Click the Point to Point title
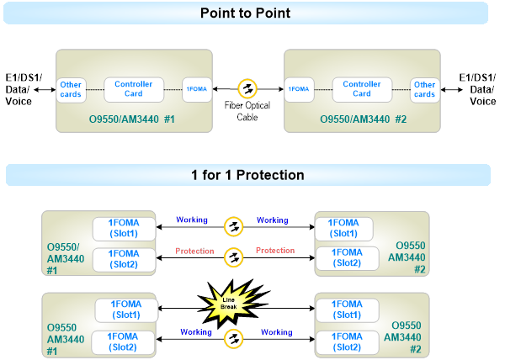(247, 13)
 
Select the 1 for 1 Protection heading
(247, 175)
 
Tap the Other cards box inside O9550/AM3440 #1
(70, 88)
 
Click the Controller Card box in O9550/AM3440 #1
(133, 88)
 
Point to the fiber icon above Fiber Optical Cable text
(247, 87)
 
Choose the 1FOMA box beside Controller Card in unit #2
(299, 88)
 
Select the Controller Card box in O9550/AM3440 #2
(362, 88)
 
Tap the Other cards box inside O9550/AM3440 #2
(424, 88)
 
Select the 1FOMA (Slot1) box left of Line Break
(125, 310)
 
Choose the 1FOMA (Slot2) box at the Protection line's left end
(123, 258)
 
